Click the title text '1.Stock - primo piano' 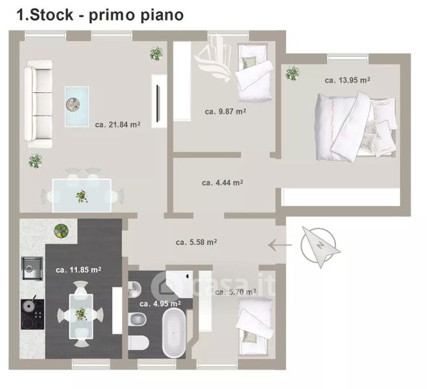click(100, 15)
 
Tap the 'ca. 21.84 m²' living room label click(117, 124)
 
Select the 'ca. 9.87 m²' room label click(225, 112)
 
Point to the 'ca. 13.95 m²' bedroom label click(347, 80)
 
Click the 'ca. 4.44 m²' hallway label click(223, 183)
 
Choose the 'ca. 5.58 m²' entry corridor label click(197, 242)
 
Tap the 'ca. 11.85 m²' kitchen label click(79, 270)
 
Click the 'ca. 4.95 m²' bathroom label click(160, 303)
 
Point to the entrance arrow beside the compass click(280, 245)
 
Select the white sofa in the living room click(38, 104)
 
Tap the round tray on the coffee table click(73, 104)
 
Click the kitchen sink click(32, 268)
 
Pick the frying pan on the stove click(29, 304)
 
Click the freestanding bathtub click(174, 333)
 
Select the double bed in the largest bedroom click(356, 126)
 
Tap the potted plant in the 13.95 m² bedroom click(293, 73)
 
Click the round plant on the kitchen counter click(61, 231)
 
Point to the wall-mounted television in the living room click(158, 104)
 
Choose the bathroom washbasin click(134, 289)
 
